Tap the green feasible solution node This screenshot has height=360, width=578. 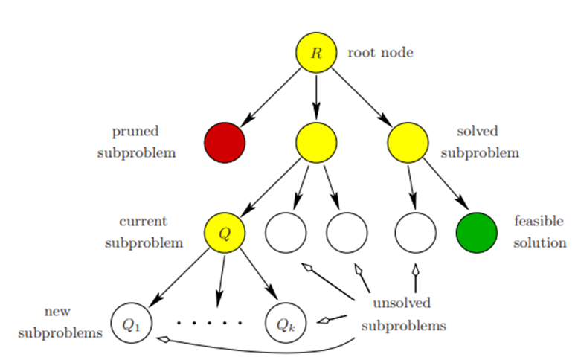476,233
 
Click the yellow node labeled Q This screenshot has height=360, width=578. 225,233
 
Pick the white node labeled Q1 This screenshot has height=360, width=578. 131,324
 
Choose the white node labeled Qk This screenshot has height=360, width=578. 286,324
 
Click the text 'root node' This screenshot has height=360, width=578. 380,53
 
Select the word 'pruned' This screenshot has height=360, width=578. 135,132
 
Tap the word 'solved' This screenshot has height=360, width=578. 478,132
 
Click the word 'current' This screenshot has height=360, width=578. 143,222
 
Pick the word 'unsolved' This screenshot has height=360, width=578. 402,303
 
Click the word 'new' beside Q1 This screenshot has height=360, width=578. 57,312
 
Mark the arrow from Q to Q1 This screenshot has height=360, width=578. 179,279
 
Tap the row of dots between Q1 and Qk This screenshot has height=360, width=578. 209,324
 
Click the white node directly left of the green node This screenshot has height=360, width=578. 415,233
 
